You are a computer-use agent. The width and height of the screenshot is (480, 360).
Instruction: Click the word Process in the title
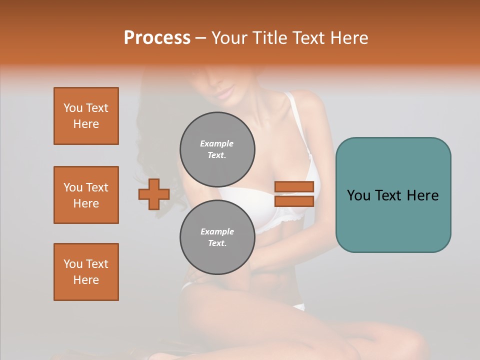pyautogui.click(x=157, y=38)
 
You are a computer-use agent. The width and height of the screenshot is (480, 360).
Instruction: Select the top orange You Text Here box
pyautogui.click(x=86, y=116)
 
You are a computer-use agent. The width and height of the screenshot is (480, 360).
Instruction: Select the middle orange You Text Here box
pyautogui.click(x=86, y=195)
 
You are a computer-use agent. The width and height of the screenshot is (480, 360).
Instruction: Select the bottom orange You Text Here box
pyautogui.click(x=86, y=272)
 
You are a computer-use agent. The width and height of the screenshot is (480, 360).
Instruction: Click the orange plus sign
pyautogui.click(x=154, y=194)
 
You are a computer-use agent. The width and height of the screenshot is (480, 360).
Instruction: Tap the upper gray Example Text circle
pyautogui.click(x=217, y=149)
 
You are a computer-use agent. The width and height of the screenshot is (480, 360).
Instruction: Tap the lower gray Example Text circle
pyautogui.click(x=217, y=237)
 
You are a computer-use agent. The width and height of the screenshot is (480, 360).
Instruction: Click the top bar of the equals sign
pyautogui.click(x=294, y=186)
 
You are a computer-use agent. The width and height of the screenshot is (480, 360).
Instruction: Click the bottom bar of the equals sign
pyautogui.click(x=294, y=201)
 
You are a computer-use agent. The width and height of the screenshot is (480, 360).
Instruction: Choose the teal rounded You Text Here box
pyautogui.click(x=393, y=195)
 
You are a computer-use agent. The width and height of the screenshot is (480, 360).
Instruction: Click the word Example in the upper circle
pyautogui.click(x=216, y=143)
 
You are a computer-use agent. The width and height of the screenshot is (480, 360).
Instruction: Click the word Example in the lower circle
pyautogui.click(x=217, y=231)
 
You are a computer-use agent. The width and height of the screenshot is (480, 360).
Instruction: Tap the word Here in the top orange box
pyautogui.click(x=86, y=124)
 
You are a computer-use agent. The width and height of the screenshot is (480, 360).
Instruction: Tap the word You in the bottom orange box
pyautogui.click(x=73, y=264)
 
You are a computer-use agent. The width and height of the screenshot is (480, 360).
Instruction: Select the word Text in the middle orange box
pyautogui.click(x=97, y=187)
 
